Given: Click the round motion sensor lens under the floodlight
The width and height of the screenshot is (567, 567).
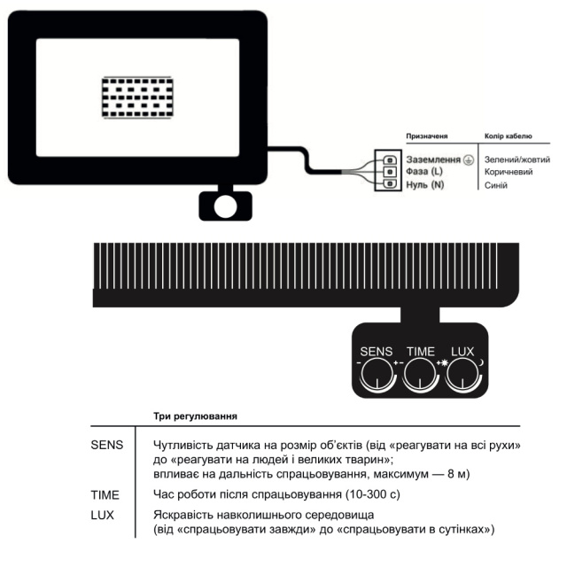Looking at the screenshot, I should [x=225, y=206].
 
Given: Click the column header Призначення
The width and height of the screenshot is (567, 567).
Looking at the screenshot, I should [x=425, y=137].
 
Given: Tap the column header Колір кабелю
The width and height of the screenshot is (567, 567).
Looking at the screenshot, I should [x=509, y=137].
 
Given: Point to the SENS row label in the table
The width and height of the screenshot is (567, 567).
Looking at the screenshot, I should [x=108, y=443].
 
